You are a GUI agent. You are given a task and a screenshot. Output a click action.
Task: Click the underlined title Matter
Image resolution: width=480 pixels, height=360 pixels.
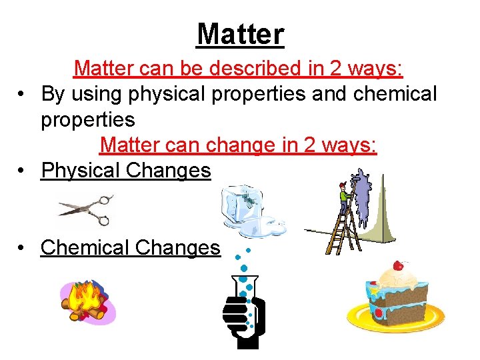coord(240,33)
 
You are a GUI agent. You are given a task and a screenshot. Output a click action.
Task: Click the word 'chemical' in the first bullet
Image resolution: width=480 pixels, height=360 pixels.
coord(395,94)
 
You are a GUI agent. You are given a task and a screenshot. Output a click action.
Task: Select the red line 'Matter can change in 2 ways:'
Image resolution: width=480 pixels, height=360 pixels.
coord(238,145)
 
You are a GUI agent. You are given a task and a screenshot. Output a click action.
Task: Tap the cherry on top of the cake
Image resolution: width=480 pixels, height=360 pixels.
coord(399,265)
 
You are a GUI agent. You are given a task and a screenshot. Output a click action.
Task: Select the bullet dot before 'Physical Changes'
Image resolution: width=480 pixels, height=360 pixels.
coord(23,171)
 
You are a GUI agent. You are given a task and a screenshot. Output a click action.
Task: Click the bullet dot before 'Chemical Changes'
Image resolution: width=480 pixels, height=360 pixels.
coord(23,248)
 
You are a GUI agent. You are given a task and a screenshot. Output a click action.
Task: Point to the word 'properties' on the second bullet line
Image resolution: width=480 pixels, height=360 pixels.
coord(88,120)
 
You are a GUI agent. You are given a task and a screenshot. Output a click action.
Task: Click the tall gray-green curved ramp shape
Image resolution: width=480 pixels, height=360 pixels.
coord(383,213)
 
